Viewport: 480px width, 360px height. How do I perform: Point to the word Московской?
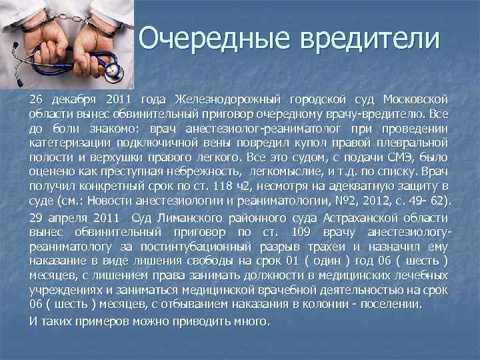(x=417, y=100)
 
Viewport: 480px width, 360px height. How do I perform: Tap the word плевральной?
(x=413, y=143)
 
